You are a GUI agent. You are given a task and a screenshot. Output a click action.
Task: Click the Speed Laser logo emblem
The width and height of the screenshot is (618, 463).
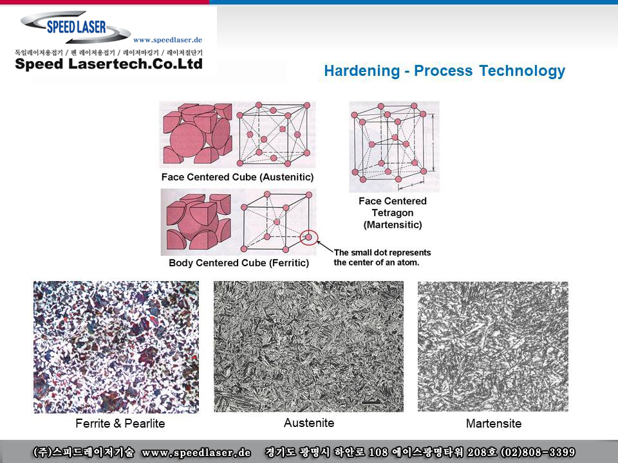pos(76,27)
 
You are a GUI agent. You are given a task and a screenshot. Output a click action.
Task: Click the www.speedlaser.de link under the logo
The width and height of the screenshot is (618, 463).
pos(167,40)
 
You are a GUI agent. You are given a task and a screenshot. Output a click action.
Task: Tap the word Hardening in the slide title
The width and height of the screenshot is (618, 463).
pos(362,71)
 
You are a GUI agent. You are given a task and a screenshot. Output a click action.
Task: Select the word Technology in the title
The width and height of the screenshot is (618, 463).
pos(522,71)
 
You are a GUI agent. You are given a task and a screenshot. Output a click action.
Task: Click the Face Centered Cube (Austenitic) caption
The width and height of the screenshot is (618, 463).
pos(238,177)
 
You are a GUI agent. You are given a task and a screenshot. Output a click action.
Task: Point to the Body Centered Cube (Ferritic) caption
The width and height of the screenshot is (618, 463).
pos(239,262)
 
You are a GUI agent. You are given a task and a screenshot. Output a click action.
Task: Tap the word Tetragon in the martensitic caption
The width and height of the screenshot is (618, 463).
pos(393,213)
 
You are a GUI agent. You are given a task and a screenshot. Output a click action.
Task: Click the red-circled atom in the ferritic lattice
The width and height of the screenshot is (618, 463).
pos(308,237)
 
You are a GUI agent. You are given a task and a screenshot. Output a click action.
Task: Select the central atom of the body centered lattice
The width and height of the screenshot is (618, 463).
pos(277,222)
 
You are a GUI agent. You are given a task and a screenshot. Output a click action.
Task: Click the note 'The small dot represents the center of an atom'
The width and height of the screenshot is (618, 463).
pos(382,257)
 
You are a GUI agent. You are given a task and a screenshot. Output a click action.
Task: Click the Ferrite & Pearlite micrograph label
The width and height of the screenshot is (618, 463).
pos(120,423)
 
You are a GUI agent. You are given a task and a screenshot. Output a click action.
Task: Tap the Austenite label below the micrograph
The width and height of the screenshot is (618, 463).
pos(309,423)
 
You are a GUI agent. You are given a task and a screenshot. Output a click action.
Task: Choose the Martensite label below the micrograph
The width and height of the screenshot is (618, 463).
pos(494,423)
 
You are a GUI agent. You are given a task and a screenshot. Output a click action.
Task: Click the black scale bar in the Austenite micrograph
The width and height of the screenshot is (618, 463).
pos(371,402)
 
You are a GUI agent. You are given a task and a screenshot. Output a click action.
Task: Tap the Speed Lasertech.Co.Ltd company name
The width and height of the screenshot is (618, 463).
pos(109,64)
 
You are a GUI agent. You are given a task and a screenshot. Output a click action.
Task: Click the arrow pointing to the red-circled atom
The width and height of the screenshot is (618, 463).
pos(325,246)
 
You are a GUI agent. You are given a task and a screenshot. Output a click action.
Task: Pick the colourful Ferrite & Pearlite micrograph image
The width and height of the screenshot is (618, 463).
pos(117,347)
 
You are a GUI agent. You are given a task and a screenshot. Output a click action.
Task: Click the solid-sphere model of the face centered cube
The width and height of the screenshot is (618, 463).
pos(198,134)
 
